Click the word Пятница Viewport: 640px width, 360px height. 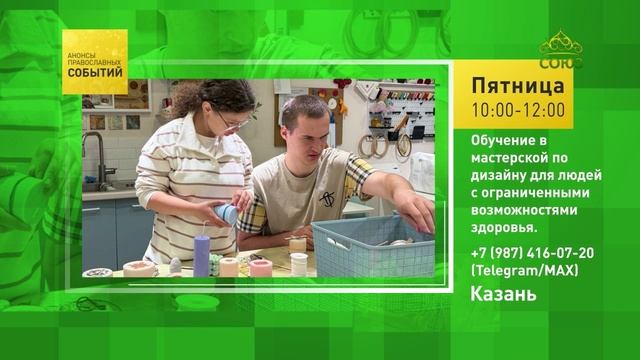(x=518, y=86)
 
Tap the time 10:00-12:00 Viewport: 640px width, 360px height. (x=518, y=110)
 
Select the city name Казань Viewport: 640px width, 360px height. (x=503, y=294)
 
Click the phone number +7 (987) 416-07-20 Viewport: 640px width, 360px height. (x=532, y=253)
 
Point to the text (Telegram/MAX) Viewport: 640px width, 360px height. (x=524, y=270)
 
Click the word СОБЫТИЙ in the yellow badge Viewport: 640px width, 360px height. (x=95, y=73)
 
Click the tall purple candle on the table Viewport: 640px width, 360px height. (x=202, y=255)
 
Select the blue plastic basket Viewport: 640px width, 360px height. (x=373, y=247)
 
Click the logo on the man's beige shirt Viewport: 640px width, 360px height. (x=327, y=199)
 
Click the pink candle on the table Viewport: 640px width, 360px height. (x=261, y=268)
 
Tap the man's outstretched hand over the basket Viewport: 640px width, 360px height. (x=416, y=213)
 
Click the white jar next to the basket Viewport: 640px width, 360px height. (x=299, y=264)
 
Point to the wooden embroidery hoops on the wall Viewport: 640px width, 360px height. (x=380, y=146)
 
